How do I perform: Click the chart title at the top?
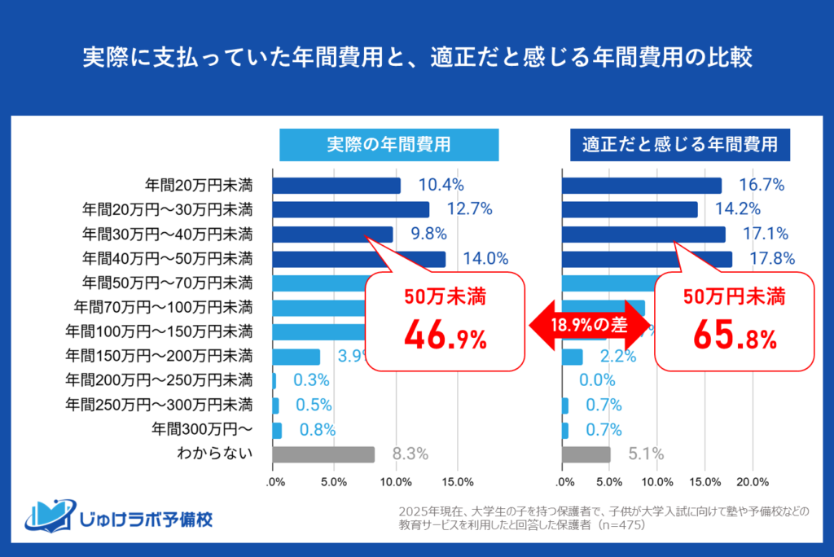(x=417, y=59)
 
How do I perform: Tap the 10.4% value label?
(x=441, y=186)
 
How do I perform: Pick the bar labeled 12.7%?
(x=350, y=210)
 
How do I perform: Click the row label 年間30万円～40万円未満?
(x=168, y=235)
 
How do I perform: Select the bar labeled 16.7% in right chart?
(x=642, y=186)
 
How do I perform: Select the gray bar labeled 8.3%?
(x=323, y=454)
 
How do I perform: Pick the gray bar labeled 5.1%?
(x=586, y=454)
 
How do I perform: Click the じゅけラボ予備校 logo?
(x=119, y=517)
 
